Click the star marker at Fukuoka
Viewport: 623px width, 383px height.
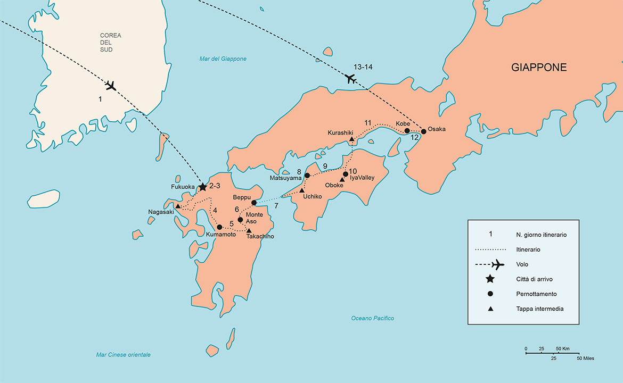coord(202,187)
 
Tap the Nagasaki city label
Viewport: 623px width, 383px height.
coord(161,212)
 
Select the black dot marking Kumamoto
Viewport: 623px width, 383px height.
coord(219,227)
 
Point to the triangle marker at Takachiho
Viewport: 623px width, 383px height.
coord(249,230)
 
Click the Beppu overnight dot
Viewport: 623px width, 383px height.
coord(254,203)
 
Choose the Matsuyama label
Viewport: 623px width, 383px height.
coord(286,178)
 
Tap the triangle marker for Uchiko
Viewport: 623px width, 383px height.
coord(301,190)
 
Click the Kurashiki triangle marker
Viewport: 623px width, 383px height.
coord(352,139)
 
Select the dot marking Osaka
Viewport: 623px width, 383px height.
coord(424,131)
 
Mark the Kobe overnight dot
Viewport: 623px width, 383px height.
coord(407,131)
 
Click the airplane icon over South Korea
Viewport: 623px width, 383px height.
coord(110,85)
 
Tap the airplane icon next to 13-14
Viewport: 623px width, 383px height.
coord(350,79)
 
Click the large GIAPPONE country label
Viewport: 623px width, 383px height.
coord(539,68)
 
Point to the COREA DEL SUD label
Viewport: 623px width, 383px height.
coord(110,43)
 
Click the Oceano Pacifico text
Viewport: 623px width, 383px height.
coord(372,318)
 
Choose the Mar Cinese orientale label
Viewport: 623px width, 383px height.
coord(124,355)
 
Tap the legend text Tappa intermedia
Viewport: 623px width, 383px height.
coord(539,309)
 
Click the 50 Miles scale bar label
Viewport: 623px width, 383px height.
coord(585,359)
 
